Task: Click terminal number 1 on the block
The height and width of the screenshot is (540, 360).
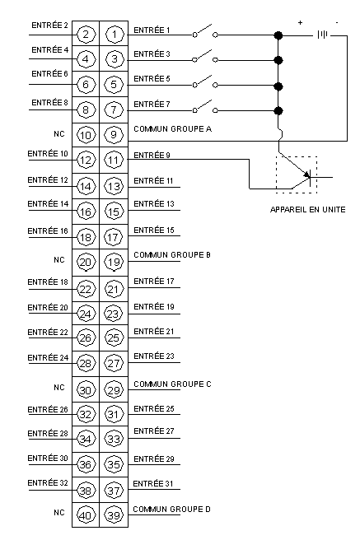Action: pos(114,34)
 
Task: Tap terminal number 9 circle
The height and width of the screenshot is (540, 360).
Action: pos(114,135)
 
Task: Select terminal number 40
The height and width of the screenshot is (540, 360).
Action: pos(86,515)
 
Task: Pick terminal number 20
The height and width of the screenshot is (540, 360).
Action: pos(86,263)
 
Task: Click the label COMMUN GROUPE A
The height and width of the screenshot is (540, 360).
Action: pos(173,128)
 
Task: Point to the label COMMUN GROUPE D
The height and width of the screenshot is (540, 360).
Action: pos(171,509)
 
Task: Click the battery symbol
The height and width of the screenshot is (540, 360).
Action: pos(322,35)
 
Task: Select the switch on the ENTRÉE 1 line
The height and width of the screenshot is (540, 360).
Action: pos(205,31)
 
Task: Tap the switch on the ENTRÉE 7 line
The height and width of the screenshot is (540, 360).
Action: pos(205,107)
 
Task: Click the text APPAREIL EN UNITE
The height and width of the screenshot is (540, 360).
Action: pos(307,209)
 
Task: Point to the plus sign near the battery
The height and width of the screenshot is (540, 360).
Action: pos(301,23)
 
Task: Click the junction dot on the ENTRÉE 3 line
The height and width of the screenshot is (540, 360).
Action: pos(278,60)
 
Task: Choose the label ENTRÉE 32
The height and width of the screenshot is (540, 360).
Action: pos(48,483)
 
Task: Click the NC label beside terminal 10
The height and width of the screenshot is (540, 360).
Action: pos(59,133)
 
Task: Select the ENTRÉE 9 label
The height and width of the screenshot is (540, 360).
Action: pos(152,156)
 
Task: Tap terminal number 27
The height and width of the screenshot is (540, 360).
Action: pos(114,363)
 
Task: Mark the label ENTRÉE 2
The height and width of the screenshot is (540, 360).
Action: pos(49,26)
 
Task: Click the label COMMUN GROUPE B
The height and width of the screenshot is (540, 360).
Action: pos(172,255)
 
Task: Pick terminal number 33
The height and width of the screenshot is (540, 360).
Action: pos(114,439)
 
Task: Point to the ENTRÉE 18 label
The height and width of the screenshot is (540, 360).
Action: pos(48,282)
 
